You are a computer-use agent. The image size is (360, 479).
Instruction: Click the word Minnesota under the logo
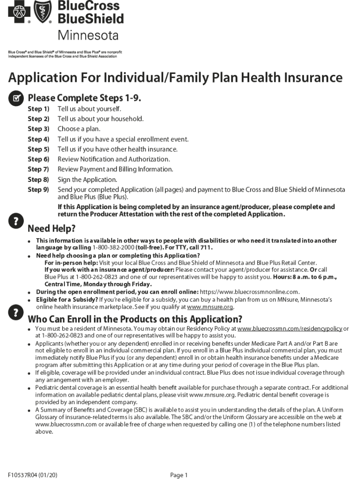tap(88, 36)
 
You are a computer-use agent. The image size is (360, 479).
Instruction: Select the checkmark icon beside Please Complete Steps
tap(16, 98)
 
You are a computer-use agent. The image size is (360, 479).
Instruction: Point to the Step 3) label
tap(38, 129)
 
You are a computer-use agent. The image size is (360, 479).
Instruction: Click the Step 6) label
tap(38, 160)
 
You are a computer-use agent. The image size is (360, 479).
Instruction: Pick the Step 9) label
tap(38, 190)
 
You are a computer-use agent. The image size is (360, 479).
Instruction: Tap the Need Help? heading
tap(51, 229)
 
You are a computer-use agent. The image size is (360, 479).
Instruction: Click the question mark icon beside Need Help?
tap(16, 220)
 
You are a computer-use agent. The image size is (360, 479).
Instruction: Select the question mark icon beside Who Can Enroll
tap(16, 311)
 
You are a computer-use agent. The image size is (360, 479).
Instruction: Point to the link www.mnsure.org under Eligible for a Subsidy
tap(210, 307)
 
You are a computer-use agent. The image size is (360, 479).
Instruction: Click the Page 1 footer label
tap(179, 475)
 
